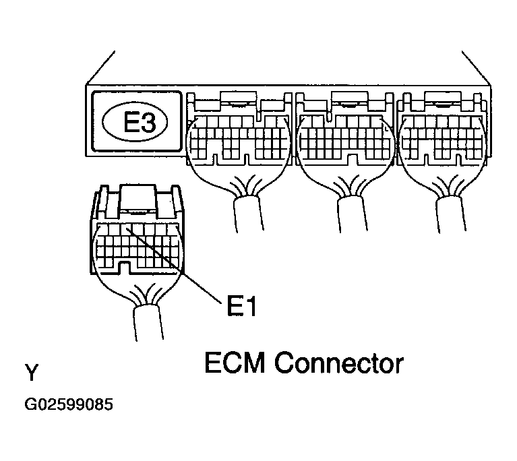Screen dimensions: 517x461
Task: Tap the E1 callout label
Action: [241, 305]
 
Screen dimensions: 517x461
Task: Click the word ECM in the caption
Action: [235, 363]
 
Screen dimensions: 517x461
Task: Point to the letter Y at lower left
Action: [32, 372]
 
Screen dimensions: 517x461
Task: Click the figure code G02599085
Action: [69, 404]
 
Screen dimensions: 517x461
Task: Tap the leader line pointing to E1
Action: [173, 264]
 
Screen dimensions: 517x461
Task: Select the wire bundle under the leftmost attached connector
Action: [249, 214]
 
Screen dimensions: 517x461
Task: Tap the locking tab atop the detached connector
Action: [138, 197]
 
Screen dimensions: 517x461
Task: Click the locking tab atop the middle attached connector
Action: [349, 98]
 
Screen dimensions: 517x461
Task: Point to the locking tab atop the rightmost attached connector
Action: [443, 98]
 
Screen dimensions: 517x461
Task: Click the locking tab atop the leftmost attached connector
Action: [239, 98]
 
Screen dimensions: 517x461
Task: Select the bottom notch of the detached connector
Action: [124, 267]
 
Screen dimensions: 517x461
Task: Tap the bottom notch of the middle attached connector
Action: [352, 160]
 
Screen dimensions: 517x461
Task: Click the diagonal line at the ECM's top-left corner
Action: [100, 68]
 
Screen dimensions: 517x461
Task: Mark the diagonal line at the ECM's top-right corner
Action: [476, 68]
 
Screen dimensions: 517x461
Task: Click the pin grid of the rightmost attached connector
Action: [442, 137]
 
